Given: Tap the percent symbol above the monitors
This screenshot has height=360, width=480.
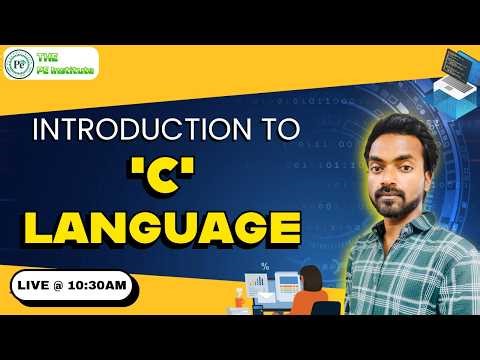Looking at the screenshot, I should coord(265,267).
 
